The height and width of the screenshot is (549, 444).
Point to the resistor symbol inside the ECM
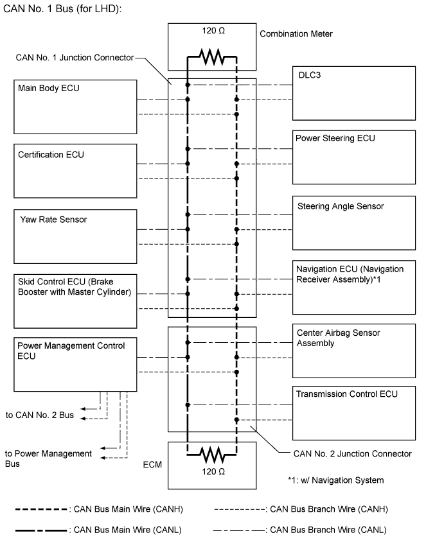[x=211, y=455]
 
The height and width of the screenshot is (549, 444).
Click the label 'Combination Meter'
[x=296, y=33]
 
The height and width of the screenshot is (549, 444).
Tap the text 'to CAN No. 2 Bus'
[x=40, y=415]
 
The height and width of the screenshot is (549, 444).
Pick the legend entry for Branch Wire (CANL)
[x=299, y=530]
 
